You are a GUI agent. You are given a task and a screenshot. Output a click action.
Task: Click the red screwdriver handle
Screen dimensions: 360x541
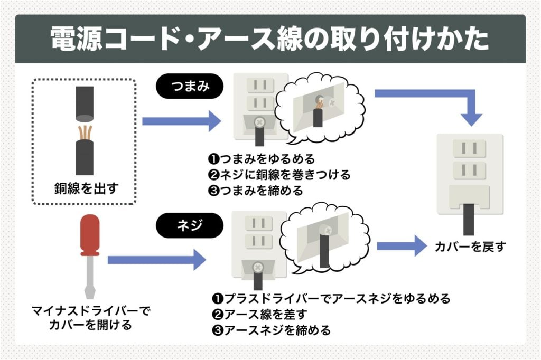89,234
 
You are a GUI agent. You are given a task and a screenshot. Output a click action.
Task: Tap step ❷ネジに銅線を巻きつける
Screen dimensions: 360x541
279,174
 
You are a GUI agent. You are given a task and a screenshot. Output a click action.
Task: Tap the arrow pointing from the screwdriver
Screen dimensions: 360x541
156,259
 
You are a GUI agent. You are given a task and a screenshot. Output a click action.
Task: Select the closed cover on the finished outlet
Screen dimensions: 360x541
469,197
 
